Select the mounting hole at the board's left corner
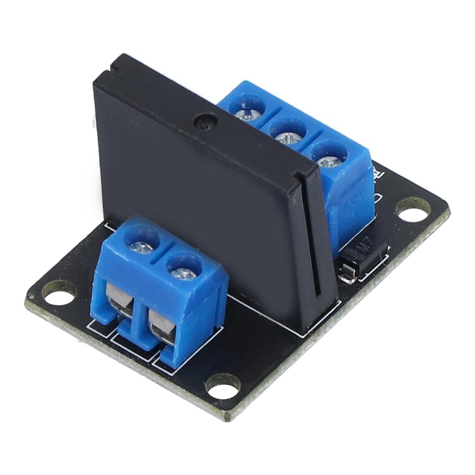58,293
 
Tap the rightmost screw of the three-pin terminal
328,157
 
